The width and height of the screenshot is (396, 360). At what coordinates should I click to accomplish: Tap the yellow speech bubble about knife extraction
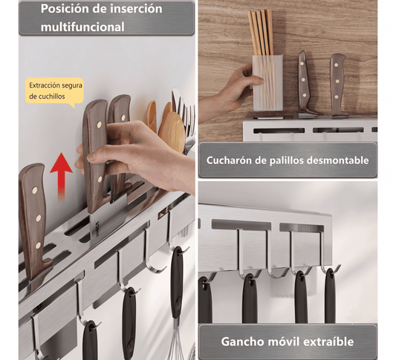coord(54,92)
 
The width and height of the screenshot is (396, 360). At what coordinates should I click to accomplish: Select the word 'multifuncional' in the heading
coord(82,27)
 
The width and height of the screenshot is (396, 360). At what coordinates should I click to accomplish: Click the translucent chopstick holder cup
coord(267,82)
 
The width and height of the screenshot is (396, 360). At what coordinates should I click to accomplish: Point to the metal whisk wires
coord(178,344)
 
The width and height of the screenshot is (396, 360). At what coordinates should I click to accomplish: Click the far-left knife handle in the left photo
coord(34,220)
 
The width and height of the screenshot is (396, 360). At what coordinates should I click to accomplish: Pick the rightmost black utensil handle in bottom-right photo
coord(331,295)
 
